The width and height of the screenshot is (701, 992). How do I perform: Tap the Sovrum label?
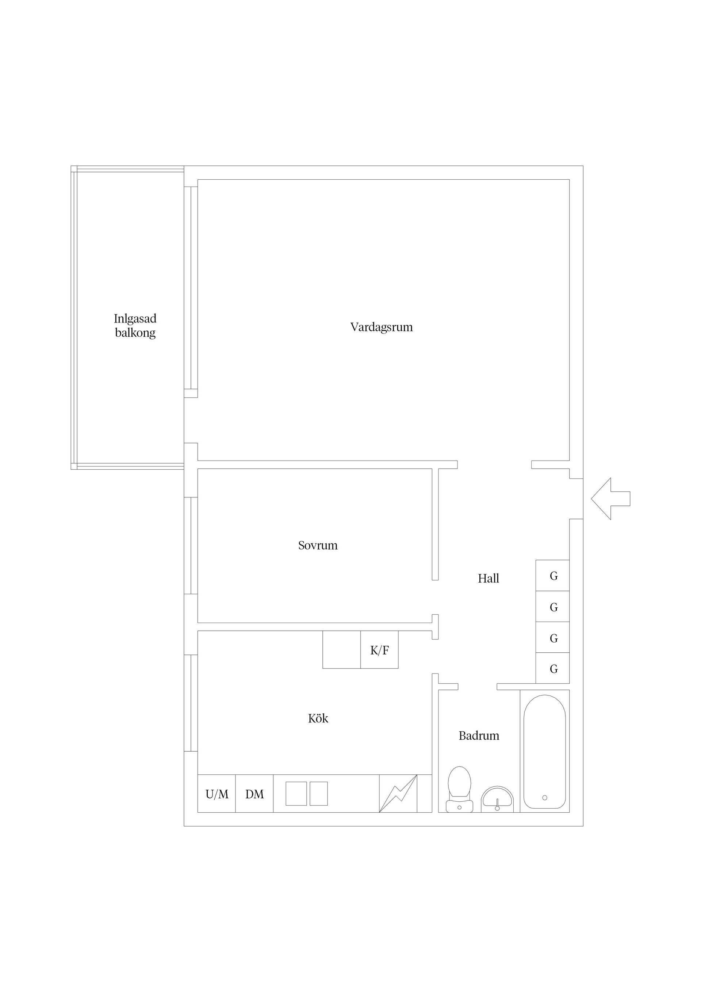point(318,545)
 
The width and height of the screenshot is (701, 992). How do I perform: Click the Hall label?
point(489,578)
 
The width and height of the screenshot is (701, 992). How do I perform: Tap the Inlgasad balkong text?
point(135,325)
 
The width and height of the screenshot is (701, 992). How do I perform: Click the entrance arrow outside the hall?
point(610,499)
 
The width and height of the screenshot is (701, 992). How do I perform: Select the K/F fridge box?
point(379,649)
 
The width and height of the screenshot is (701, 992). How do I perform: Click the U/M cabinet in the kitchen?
point(217,794)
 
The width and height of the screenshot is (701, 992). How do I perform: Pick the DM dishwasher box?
point(254,794)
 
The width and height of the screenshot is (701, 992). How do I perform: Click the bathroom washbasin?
point(497,799)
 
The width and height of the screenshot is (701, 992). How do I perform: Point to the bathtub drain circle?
point(545,798)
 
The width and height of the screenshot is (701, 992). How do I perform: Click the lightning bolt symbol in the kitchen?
point(398,794)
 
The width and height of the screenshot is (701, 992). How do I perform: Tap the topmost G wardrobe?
point(552,576)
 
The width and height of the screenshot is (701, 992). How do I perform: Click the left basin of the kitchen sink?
point(296,794)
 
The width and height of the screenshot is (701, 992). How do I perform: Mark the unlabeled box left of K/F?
point(342,649)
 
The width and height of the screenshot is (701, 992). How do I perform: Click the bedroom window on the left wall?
point(191,545)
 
